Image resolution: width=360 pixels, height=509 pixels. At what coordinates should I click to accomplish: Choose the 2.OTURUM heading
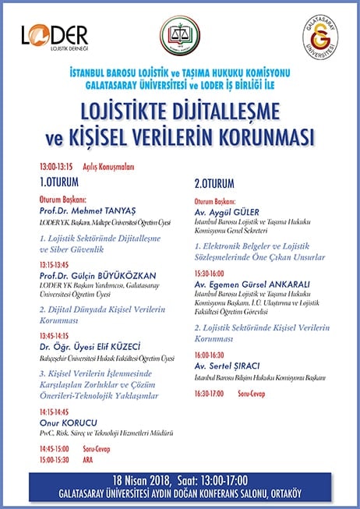pos(215,186)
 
